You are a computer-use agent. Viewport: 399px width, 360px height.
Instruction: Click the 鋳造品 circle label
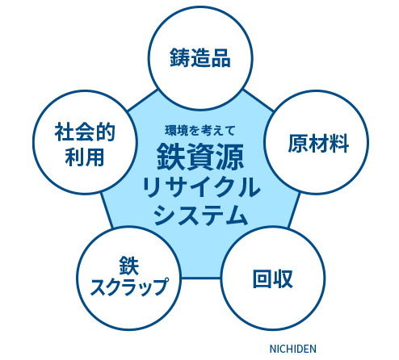coord(200,58)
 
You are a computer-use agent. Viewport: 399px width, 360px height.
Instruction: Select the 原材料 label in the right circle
coord(318,144)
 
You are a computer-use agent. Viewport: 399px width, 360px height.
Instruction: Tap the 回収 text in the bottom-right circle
coord(273,278)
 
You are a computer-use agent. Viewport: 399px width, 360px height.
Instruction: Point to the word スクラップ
coord(129,287)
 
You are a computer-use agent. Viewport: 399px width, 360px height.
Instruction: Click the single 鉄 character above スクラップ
coord(129,266)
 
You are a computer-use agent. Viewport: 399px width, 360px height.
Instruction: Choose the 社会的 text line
coord(85,132)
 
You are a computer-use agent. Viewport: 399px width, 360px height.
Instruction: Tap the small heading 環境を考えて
coord(200,131)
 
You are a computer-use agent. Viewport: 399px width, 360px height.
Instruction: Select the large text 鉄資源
coord(200,157)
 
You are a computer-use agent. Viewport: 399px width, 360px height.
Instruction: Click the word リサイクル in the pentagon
coord(200,187)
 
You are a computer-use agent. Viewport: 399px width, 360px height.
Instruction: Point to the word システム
coord(200,215)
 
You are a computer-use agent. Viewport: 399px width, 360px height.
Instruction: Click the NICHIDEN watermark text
coord(293,349)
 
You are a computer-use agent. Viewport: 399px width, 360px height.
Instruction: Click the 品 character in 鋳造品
coord(221,58)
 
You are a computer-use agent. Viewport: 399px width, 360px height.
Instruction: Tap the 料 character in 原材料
coord(339,144)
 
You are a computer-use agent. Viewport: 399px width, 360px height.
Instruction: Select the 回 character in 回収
coord(262,278)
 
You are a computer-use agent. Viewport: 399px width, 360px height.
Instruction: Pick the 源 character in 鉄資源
coord(230,157)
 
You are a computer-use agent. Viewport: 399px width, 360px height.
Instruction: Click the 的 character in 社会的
coord(106,132)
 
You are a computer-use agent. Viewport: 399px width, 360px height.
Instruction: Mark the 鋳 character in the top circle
coord(179,58)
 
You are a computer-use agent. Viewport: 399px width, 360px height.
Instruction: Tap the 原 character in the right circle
coord(298,144)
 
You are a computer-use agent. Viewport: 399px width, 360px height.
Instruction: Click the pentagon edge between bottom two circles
coord(201,278)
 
